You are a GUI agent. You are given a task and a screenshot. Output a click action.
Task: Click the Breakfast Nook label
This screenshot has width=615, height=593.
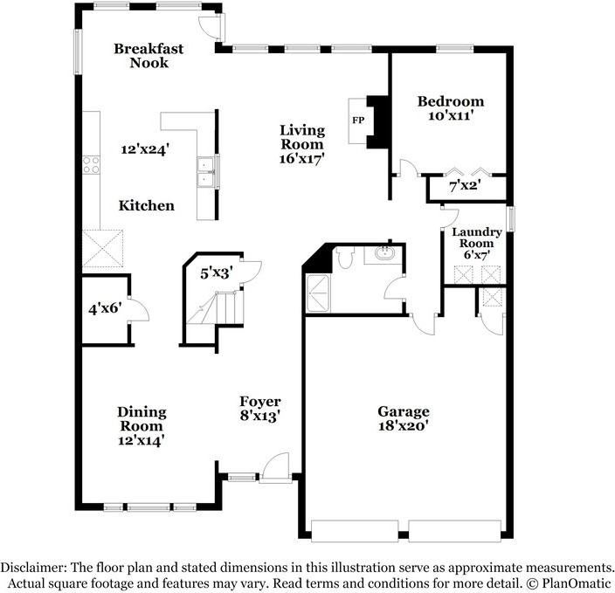(149, 56)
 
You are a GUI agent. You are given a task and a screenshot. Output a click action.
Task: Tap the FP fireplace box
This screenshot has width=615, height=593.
(358, 120)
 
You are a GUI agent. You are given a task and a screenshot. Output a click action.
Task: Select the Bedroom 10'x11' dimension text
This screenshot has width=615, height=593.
(451, 114)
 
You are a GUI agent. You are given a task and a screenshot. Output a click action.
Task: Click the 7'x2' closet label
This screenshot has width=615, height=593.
(465, 186)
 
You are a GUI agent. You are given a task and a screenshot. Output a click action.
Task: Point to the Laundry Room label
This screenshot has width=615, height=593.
(476, 238)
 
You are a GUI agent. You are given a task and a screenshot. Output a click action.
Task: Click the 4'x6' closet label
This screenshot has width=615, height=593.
(104, 308)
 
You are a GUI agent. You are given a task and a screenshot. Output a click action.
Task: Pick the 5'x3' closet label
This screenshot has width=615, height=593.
(216, 273)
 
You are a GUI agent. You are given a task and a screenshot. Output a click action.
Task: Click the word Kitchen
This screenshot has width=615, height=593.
(147, 206)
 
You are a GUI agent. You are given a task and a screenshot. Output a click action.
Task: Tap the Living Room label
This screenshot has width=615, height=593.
(302, 137)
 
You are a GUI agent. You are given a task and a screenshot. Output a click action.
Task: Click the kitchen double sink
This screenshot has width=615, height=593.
(207, 172)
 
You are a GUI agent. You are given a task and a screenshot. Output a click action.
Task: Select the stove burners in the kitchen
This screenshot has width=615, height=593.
(91, 165)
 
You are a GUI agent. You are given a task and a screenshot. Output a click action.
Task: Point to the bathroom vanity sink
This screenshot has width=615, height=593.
(384, 254)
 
